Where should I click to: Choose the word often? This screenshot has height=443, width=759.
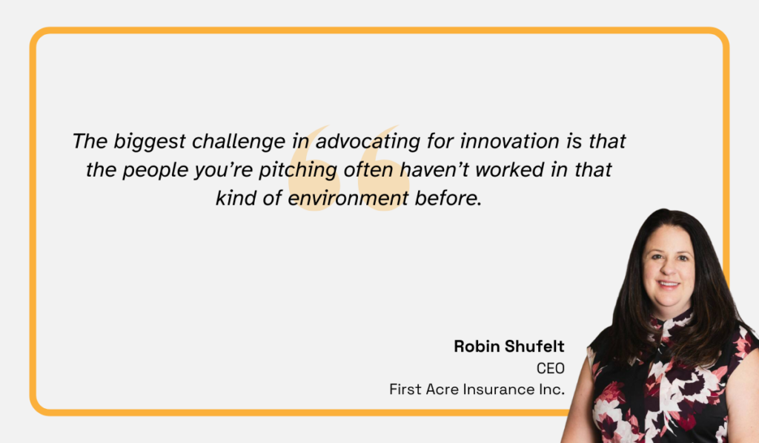point(370,169)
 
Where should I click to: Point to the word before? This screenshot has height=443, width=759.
point(449,198)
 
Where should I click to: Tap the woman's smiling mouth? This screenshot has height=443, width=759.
point(669,284)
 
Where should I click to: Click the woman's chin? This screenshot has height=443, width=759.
point(669,298)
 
